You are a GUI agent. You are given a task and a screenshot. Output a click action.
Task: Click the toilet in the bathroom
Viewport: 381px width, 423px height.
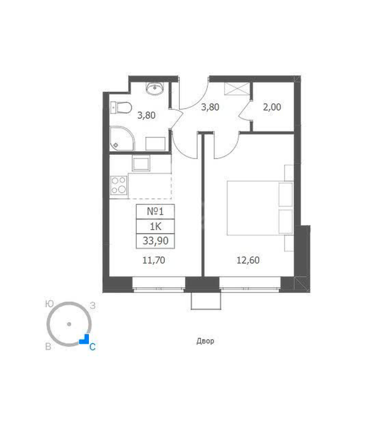[x=121, y=108]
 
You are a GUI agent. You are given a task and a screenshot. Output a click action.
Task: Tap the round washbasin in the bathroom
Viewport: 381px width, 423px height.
[x=155, y=88]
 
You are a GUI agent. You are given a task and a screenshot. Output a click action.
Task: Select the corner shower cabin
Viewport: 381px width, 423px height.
[x=122, y=139]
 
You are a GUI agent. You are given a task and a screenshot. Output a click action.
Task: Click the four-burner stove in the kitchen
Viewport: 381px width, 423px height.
[x=118, y=185]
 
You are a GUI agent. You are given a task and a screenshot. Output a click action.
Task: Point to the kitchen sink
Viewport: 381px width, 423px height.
[x=141, y=163]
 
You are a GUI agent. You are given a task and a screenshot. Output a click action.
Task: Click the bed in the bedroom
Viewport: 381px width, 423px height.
[x=260, y=208]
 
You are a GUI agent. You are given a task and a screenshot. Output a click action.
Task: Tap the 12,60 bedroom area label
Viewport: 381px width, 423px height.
[x=248, y=260]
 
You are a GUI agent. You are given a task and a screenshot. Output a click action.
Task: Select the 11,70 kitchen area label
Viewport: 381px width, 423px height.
[x=154, y=260]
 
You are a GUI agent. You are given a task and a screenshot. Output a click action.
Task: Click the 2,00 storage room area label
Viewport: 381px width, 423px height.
[x=272, y=107]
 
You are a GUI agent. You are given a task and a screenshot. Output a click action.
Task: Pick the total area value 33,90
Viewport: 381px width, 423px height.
[x=155, y=241]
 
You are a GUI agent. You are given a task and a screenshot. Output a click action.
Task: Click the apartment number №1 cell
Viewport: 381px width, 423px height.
[x=155, y=211]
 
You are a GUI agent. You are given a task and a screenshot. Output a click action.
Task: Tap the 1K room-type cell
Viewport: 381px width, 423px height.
[x=155, y=226]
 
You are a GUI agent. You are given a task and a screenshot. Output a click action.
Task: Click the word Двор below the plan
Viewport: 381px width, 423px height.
[x=206, y=341]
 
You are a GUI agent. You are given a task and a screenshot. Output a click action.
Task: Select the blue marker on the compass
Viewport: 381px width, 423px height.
[x=85, y=340]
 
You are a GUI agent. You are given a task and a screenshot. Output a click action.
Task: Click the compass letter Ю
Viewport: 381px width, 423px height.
[x=49, y=305]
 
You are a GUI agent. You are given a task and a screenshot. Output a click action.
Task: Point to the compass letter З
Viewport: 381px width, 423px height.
[x=93, y=306]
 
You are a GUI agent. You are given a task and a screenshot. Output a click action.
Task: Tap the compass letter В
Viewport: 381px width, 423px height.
[x=48, y=346]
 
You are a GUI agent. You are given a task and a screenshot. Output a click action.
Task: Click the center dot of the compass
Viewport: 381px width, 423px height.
[x=69, y=324]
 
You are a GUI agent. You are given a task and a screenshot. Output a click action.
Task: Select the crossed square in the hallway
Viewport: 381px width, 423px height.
[x=237, y=89]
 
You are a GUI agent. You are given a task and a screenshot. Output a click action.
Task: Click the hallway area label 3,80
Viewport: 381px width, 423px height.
[x=210, y=107]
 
